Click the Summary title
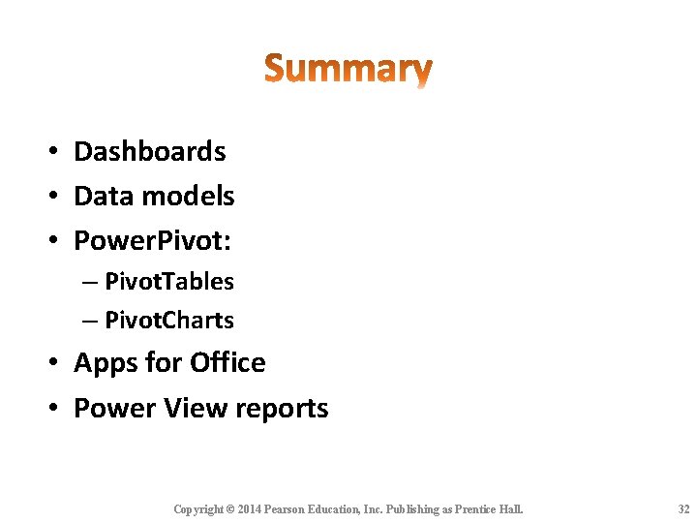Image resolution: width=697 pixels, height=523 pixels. (x=348, y=70)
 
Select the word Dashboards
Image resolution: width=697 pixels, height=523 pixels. (x=150, y=152)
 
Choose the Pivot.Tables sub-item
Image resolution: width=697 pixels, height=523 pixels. (x=169, y=282)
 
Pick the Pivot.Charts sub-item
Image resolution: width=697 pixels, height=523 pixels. (x=169, y=320)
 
